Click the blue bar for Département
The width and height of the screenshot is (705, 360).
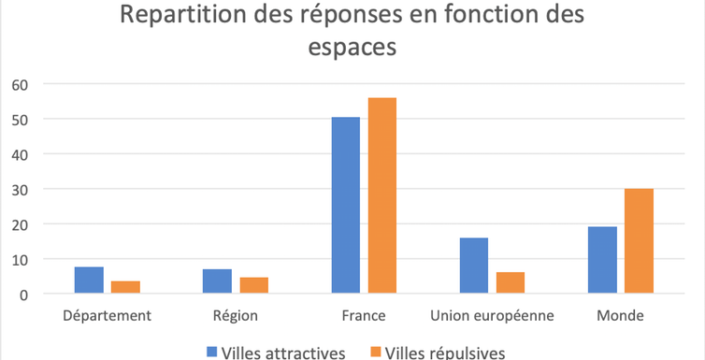(89, 281)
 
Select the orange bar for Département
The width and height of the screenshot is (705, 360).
(124, 288)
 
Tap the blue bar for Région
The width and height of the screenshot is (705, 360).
(217, 281)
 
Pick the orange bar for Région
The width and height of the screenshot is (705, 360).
(253, 285)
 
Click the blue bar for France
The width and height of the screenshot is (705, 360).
(345, 206)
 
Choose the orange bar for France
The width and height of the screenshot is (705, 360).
(381, 195)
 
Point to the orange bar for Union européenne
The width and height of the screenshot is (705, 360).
(510, 282)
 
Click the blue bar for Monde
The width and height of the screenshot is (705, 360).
(602, 260)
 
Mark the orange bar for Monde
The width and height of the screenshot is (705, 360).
(639, 241)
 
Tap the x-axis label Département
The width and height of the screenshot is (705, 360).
(107, 316)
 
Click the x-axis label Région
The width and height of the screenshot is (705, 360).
(235, 316)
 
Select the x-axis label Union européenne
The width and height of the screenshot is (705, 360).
(492, 316)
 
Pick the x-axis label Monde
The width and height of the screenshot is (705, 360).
(620, 316)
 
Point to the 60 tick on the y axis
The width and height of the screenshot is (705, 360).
(21, 84)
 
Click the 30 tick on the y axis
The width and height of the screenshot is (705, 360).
(21, 189)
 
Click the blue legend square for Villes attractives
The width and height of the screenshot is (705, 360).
(210, 353)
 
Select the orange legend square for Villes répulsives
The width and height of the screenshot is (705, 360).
(377, 353)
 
